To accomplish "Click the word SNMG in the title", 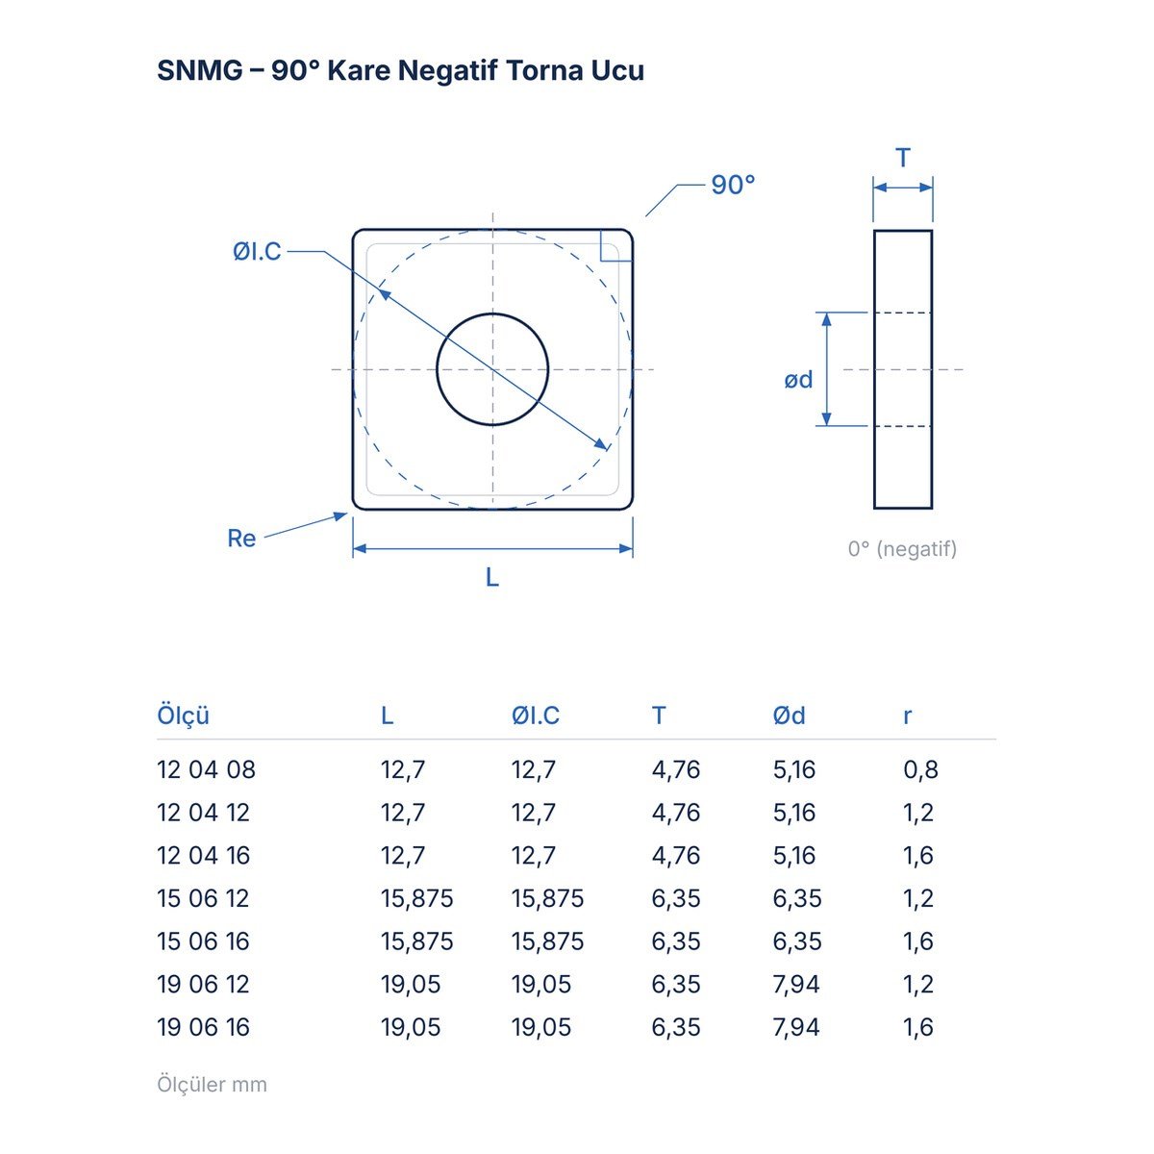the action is click(200, 70).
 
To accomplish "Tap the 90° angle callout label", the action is click(733, 185).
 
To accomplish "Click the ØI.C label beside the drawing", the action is click(257, 252).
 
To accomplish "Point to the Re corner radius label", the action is click(241, 538).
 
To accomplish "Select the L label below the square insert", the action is click(491, 577).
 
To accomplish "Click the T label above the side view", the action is click(902, 158).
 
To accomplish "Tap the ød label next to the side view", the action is click(798, 380).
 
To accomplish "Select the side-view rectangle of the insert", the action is click(873, 369).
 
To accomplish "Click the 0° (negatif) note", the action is click(902, 548).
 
